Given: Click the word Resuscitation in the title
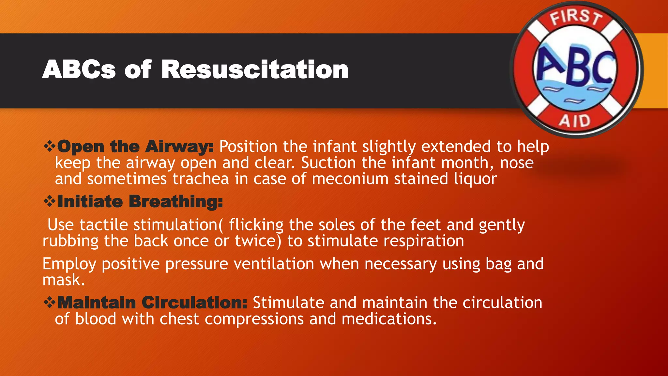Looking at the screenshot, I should pos(255,70).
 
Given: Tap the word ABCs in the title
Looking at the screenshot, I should pos(79,70).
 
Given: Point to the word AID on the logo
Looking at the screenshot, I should pos(575,121).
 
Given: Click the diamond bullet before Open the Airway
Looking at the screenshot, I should pos(50,146).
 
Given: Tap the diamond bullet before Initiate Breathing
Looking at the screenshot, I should pos(50,201).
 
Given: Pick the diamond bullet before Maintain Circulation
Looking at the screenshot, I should pos(50,303).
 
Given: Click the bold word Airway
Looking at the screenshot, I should pos(179,147).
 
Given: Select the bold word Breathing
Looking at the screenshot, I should pos(176,202).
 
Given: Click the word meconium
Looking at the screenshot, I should pos(350,179).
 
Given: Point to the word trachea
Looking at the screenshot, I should pos(201,179).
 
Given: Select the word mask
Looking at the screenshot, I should pos(63,280).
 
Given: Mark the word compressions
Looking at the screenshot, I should pos(254,319).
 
